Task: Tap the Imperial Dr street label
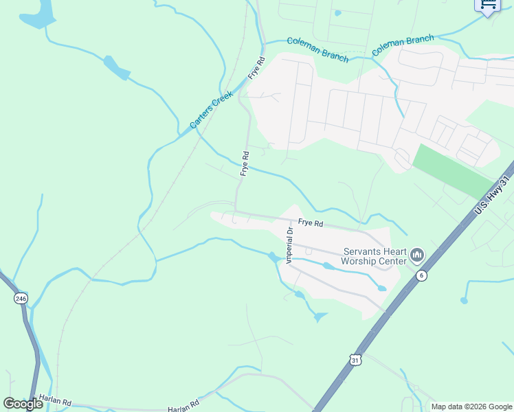(x=290, y=245)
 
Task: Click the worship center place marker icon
(x=416, y=256)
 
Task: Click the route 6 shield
(x=422, y=275)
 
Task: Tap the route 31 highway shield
(x=355, y=359)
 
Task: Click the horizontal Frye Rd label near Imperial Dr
(x=311, y=223)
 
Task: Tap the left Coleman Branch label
(x=317, y=49)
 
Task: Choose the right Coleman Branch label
(x=403, y=46)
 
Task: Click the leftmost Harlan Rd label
(x=55, y=400)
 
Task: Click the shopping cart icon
(x=488, y=5)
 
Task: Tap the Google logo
(x=23, y=404)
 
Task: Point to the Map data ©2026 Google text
(x=471, y=407)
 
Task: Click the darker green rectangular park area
(x=453, y=170)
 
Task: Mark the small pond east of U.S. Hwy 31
(x=465, y=300)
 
